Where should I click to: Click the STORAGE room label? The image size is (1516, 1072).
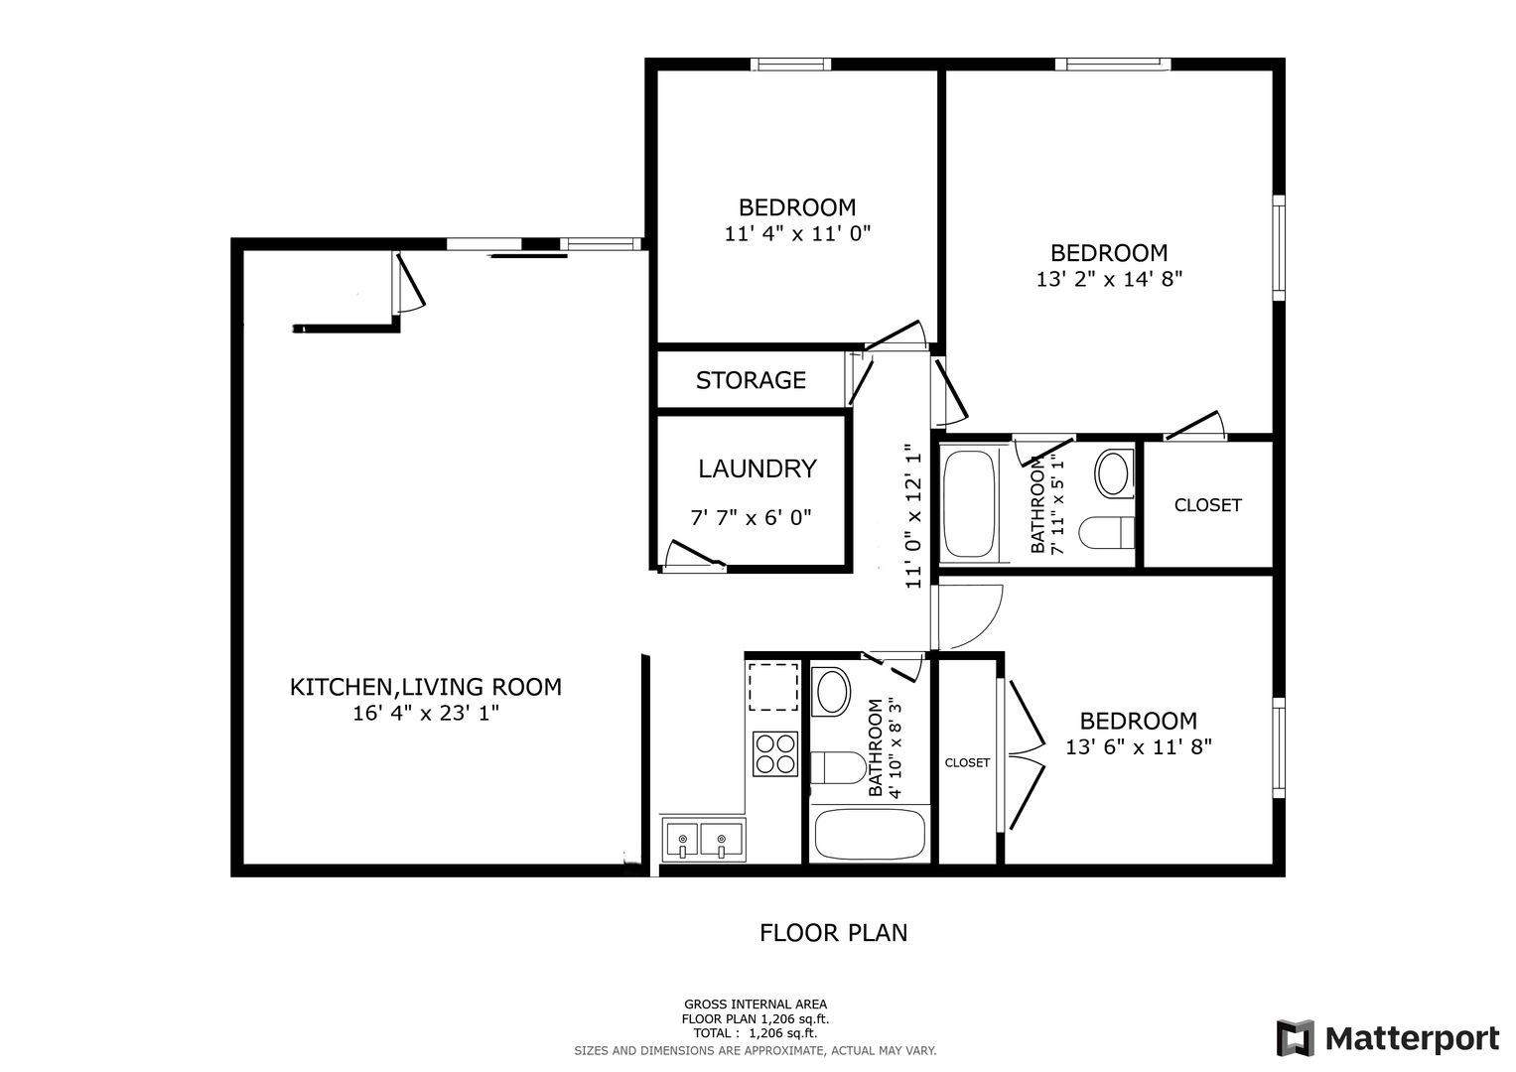tap(751, 380)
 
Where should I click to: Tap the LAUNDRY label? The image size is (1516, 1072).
tap(758, 469)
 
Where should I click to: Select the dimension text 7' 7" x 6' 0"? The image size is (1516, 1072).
tap(751, 518)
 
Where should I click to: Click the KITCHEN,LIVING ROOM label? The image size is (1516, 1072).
tap(426, 688)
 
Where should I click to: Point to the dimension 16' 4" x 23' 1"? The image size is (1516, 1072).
tap(426, 714)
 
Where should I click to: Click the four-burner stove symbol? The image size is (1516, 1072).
tap(775, 754)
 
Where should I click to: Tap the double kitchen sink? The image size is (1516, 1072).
tap(703, 840)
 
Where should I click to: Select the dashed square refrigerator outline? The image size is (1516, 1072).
tap(772, 687)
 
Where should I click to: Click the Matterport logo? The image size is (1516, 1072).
tap(1388, 1038)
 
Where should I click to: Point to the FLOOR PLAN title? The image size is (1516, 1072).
tap(833, 933)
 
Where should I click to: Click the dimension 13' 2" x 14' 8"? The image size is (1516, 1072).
tap(1109, 279)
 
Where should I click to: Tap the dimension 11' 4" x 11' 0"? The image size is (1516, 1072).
tap(797, 233)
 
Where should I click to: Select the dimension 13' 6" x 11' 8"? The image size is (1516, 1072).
tap(1139, 747)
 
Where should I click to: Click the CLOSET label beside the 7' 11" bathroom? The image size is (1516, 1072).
tap(1207, 505)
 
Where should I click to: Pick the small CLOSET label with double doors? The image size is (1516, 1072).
tap(967, 762)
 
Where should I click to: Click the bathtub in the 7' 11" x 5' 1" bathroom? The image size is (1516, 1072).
tap(969, 503)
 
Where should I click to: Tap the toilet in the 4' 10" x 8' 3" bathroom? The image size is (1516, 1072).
tap(837, 767)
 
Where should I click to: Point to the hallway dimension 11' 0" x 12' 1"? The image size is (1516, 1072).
tap(913, 516)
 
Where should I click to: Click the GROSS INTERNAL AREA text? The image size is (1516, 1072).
tap(756, 1005)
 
